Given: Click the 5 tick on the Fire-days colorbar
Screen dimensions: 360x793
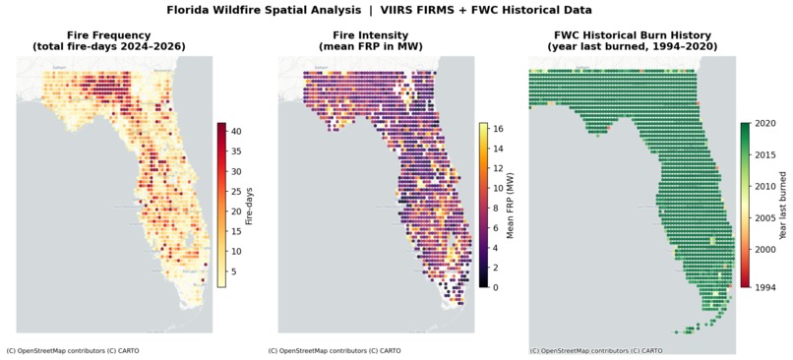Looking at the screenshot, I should [236, 271].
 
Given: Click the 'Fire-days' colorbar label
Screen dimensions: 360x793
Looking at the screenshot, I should [250, 205].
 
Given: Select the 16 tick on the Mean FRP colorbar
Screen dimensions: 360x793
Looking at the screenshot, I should [498, 128].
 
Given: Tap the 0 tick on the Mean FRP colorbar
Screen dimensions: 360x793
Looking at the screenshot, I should [495, 287].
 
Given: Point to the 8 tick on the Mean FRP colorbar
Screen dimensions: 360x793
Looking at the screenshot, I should [495, 208].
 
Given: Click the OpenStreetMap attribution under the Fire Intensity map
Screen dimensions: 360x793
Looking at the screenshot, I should [335, 350].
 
